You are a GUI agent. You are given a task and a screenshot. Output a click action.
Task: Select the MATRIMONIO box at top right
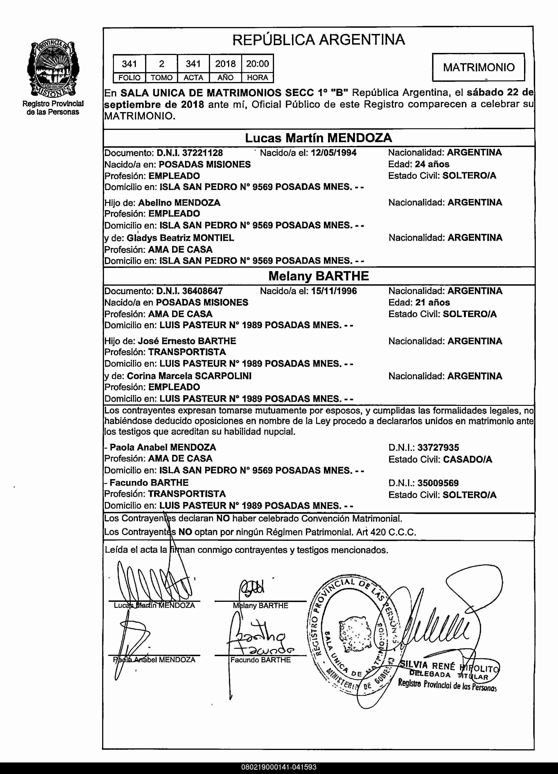point(479,67)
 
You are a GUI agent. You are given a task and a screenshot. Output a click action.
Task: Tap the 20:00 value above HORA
point(258,64)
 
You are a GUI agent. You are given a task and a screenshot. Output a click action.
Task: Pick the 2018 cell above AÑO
point(225,64)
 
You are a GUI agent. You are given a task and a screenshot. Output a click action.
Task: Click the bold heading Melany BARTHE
point(318,276)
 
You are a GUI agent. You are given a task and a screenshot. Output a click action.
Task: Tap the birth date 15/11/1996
point(334,291)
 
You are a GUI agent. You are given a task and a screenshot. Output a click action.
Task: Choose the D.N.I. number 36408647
point(202,291)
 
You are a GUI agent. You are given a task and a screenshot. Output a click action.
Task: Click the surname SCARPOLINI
point(223,376)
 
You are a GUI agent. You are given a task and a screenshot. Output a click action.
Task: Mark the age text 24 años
point(432,164)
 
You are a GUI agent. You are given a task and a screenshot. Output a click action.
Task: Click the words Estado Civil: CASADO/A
point(440,459)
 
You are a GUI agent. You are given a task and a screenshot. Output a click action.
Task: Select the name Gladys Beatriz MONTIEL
point(180,238)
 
